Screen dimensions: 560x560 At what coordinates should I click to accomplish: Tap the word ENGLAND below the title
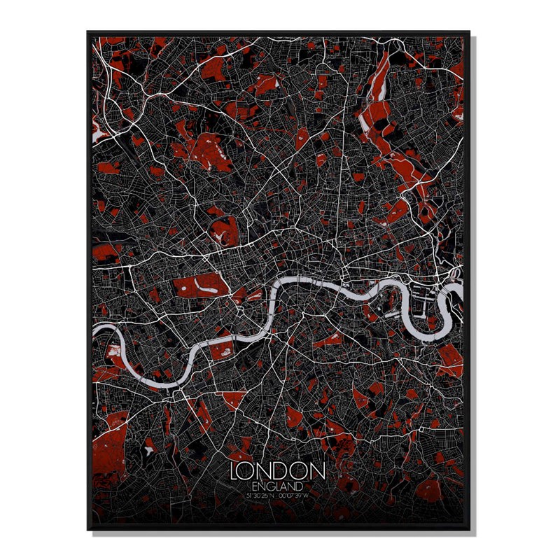(279, 485)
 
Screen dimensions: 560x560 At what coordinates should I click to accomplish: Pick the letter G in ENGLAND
(271, 485)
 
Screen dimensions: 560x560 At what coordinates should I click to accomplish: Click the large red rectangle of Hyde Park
(202, 285)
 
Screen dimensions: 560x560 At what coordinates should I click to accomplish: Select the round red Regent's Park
(223, 229)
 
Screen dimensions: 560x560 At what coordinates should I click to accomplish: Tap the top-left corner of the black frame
(88, 32)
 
